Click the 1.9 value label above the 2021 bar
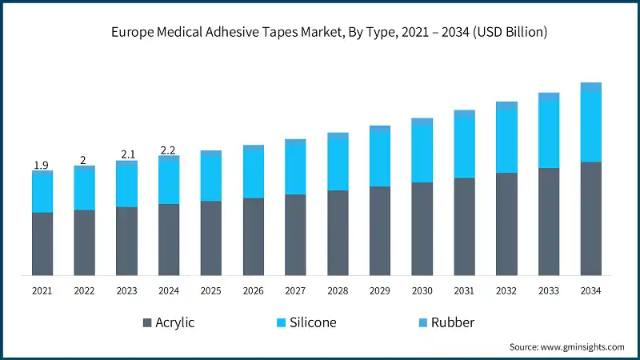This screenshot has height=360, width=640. tap(42, 166)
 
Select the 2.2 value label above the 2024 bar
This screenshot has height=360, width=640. tap(168, 150)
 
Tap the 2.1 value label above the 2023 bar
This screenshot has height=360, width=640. tap(126, 154)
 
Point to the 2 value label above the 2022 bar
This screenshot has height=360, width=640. tap(83, 160)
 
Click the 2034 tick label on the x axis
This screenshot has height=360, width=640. tap(591, 291)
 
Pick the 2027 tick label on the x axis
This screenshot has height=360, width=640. tap(295, 291)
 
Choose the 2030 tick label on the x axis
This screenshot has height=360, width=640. tap(422, 291)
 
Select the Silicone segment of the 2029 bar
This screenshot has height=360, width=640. tap(380, 158)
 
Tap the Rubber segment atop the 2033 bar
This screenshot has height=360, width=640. tap(549, 97)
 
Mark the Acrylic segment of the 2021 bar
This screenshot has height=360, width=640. tap(42, 244)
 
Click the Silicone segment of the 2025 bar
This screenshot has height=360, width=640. tap(211, 178)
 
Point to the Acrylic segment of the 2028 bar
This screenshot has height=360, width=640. tap(338, 233)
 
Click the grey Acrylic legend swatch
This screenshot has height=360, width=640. tap(147, 323)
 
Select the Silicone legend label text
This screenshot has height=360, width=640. tap(314, 323)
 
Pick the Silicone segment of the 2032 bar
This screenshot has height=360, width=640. tap(506, 141)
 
